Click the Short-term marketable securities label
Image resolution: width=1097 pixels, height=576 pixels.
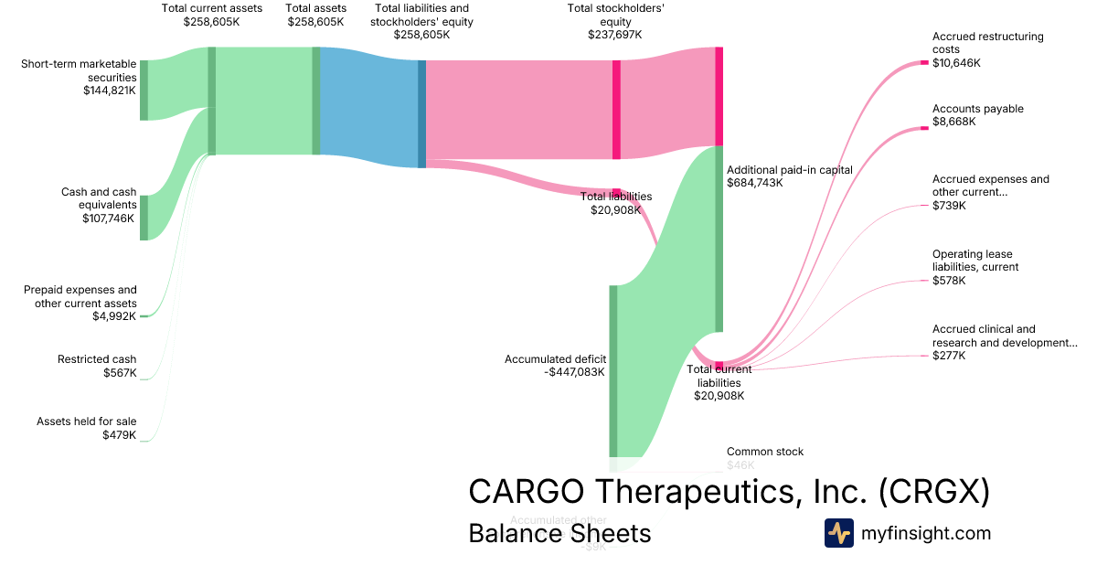79,70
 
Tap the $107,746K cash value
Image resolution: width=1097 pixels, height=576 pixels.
111,219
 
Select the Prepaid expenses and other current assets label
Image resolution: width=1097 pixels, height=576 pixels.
80,296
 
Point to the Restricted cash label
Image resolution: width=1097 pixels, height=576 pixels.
97,359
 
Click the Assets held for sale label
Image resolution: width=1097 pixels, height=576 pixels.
86,421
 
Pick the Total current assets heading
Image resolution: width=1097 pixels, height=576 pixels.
211,8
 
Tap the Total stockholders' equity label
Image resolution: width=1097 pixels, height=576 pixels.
615,15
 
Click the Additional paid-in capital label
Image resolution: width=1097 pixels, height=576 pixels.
789,169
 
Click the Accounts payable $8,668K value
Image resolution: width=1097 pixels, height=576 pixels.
954,122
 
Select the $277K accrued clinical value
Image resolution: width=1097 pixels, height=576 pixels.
949,356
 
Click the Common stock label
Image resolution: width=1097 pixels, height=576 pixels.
765,452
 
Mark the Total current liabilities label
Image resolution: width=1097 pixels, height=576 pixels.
719,376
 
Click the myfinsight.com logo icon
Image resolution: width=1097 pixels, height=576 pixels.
838,533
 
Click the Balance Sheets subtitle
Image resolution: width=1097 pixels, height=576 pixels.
559,533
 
